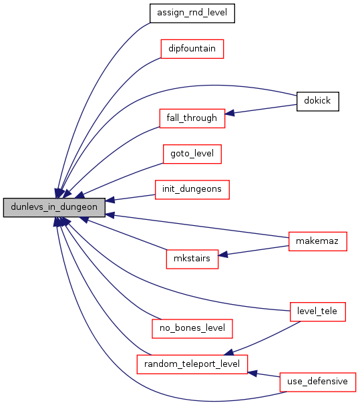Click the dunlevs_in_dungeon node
tap(54, 207)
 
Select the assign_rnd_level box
tap(192, 13)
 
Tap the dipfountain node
tap(192, 49)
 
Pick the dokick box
tap(318, 102)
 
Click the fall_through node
tap(192, 118)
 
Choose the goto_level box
tap(192, 154)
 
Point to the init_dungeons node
tap(192, 190)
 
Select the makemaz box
tap(318, 241)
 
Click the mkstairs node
tap(192, 259)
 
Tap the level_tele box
tap(318, 311)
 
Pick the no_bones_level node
tap(192, 329)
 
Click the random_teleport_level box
tap(192, 364)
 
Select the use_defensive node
tap(318, 382)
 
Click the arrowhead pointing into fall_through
tap(229, 113)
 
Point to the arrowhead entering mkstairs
tap(222, 255)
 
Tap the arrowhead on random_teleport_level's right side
tap(252, 373)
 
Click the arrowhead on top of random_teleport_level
tap(228, 352)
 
